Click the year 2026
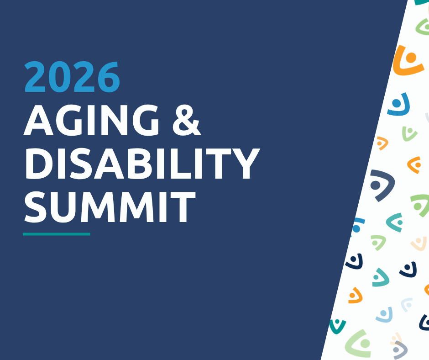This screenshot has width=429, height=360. [x=72, y=77]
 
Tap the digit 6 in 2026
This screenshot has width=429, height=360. [x=108, y=77]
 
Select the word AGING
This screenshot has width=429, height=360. [x=91, y=120]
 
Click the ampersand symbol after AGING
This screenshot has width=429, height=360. [x=187, y=120]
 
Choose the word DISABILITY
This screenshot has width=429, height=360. [x=142, y=163]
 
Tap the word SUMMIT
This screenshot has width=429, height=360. [x=110, y=206]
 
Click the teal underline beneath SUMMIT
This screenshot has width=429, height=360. [x=56, y=234]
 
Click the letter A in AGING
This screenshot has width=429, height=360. [x=38, y=120]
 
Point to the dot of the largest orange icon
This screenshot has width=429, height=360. [x=411, y=58]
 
